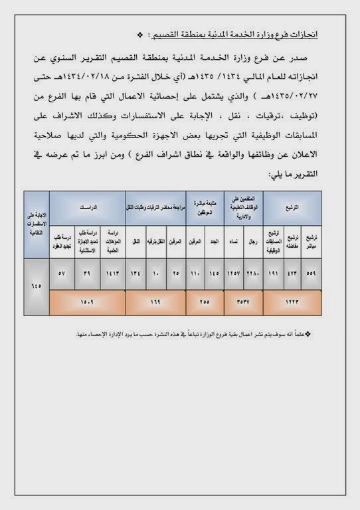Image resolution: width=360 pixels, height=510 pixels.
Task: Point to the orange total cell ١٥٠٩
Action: tap(88, 301)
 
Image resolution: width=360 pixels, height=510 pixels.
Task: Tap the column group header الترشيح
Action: tap(291, 207)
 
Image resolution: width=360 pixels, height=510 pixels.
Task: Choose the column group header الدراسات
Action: tap(88, 207)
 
